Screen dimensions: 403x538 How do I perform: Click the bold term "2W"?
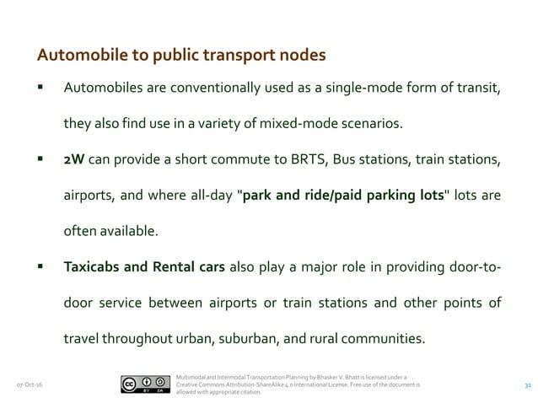pyautogui.click(x=74, y=160)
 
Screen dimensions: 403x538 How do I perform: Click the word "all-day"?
pyautogui.click(x=209, y=196)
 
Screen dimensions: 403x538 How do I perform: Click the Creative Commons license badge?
pyautogui.click(x=141, y=384)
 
